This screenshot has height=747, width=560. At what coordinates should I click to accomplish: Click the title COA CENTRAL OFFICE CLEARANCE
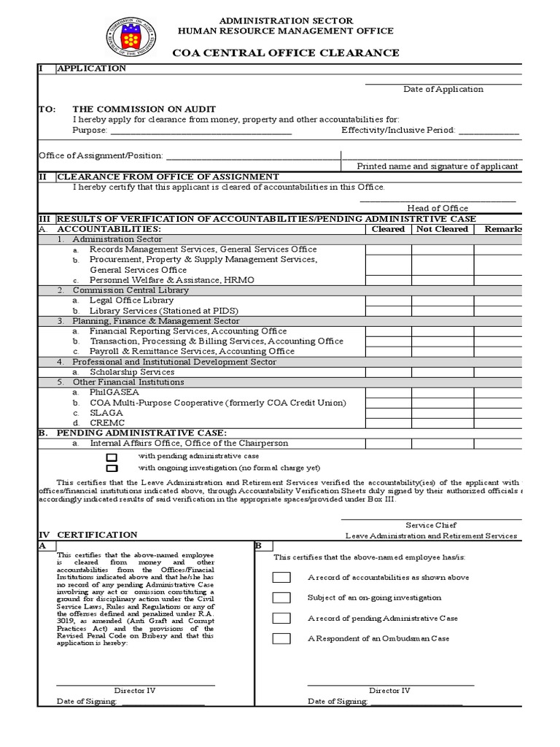[285, 53]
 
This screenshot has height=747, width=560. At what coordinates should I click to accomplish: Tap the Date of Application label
[443, 89]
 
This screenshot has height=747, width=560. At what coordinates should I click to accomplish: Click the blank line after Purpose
[201, 131]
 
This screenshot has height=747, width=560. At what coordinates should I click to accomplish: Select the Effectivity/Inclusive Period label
[398, 130]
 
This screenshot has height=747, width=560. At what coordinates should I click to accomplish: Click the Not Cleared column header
[442, 229]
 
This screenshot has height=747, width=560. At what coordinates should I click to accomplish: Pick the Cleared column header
[388, 229]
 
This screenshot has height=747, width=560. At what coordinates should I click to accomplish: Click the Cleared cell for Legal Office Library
[388, 300]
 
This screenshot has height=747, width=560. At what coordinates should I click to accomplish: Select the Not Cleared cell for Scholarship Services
[442, 371]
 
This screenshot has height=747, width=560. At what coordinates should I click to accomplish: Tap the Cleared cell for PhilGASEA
[388, 392]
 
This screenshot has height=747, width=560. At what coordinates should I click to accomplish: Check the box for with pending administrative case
[112, 456]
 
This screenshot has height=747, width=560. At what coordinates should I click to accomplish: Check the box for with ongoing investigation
[112, 468]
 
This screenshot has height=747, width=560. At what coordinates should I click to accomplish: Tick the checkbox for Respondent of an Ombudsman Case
[281, 639]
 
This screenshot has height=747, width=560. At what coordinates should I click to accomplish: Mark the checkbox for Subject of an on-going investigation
[281, 598]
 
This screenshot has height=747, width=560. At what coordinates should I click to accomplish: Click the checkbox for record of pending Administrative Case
[281, 619]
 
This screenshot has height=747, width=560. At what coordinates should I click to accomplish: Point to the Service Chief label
[431, 525]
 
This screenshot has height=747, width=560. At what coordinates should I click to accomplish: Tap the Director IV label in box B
[389, 690]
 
